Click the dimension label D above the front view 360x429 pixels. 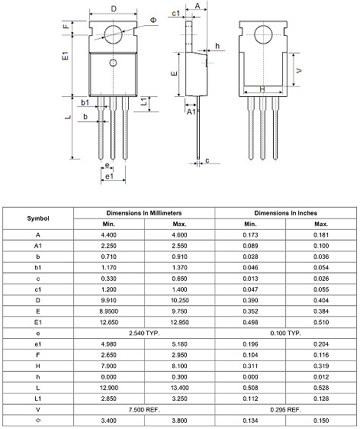[x=114, y=8]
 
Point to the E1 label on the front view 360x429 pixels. [x=66, y=56]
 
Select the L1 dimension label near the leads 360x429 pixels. [x=144, y=102]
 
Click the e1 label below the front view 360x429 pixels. [x=110, y=176]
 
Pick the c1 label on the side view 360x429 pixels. [x=176, y=14]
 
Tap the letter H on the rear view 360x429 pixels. [x=262, y=89]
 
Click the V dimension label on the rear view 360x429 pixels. [x=298, y=69]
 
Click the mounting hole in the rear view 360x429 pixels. [x=265, y=34]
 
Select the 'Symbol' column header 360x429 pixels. [x=38, y=218]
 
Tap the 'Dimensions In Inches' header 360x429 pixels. [x=286, y=213]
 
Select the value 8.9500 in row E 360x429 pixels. [x=109, y=312]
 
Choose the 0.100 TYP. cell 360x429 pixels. [x=286, y=334]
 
